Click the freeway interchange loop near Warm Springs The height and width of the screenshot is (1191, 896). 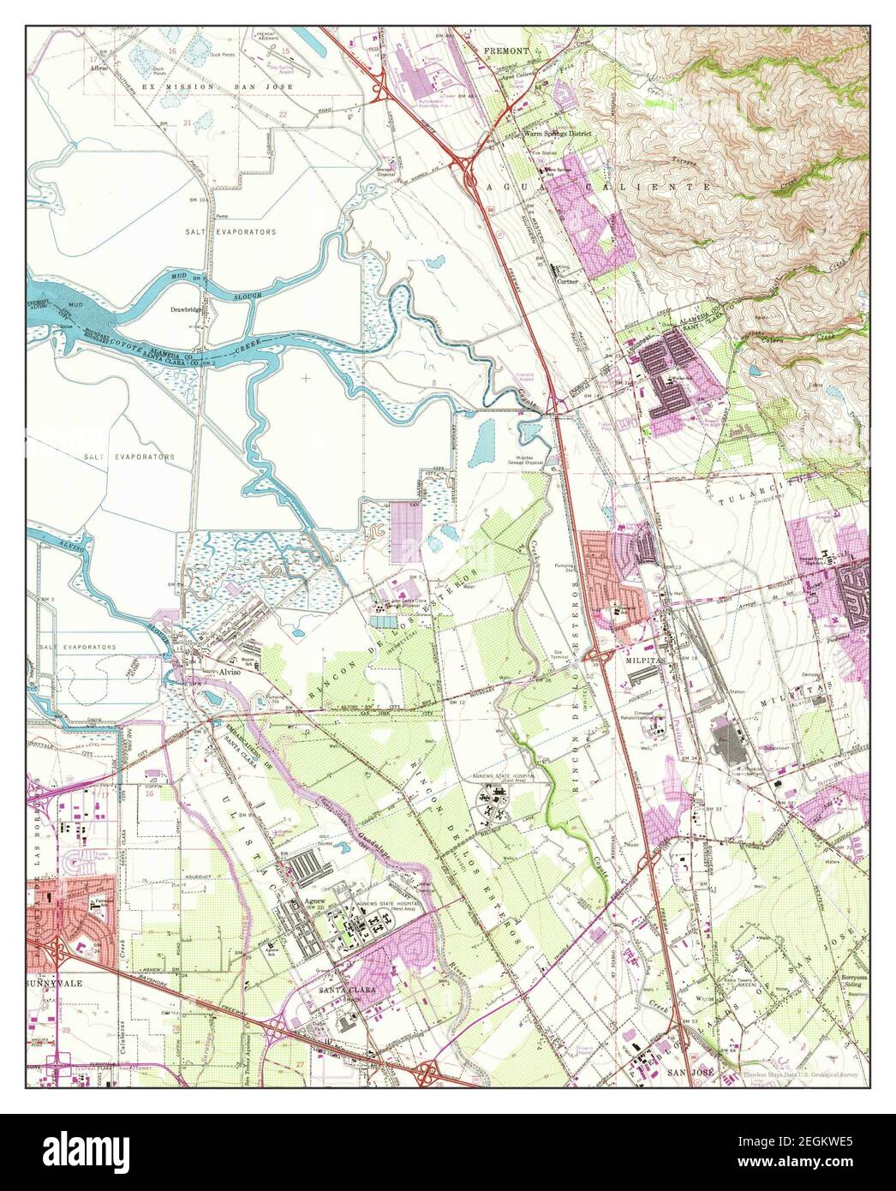(472, 176)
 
